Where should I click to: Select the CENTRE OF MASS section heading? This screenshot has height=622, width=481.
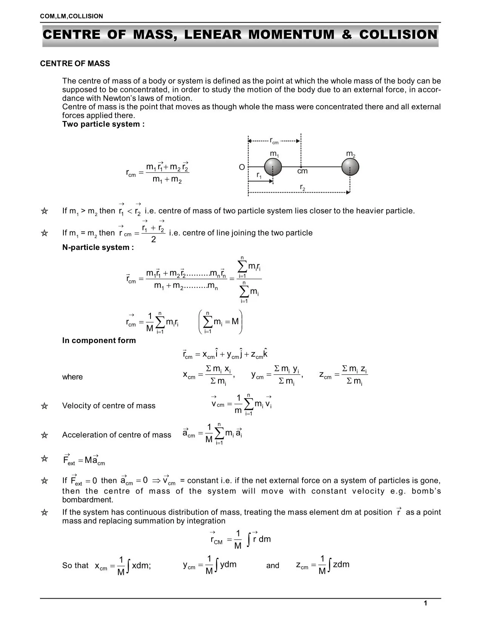coord(75,64)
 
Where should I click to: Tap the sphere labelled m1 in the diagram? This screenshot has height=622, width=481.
coord(273,167)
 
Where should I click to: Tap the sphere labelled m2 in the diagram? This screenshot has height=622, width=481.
coord(350,167)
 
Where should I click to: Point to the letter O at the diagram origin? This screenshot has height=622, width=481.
coord(242,167)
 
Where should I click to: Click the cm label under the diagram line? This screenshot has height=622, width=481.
coord(302,172)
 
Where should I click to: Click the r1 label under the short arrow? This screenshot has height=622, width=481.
coord(259,175)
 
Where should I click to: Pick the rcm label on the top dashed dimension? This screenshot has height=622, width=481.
coord(274,141)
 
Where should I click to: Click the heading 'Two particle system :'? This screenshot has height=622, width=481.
coord(103,124)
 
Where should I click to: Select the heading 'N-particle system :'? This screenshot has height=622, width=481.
coord(98,248)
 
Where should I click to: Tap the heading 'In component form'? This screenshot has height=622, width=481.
coord(99,340)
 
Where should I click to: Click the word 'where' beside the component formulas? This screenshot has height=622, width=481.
coord(72,377)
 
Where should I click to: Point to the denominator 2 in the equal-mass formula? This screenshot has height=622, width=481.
coord(153,240)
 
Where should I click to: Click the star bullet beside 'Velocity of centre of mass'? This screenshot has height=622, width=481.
coord(45,406)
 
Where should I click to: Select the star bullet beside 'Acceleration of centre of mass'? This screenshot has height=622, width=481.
coord(45,435)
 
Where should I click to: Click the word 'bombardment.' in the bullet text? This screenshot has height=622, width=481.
coord(88,500)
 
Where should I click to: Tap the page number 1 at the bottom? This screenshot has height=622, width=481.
coord(425,604)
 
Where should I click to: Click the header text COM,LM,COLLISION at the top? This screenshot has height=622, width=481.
coord(71,16)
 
